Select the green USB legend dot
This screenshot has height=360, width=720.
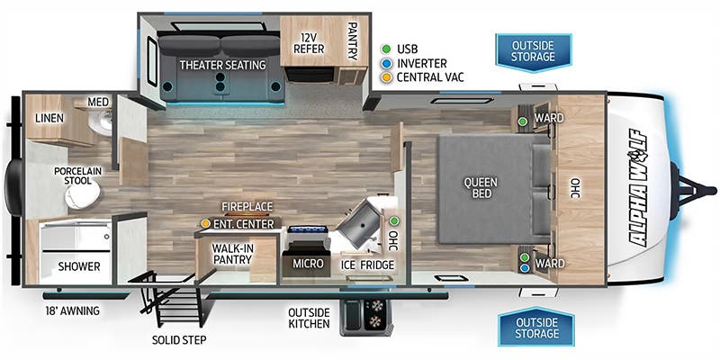click(x=385, y=48)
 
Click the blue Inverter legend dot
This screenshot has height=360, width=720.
click(x=385, y=63)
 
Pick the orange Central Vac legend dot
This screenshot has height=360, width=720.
click(x=385, y=77)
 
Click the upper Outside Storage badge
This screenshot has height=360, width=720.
click(x=533, y=51)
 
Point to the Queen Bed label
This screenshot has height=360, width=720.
click(x=480, y=187)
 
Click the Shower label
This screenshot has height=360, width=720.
click(x=79, y=267)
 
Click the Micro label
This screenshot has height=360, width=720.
click(x=308, y=265)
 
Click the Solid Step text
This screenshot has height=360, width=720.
click(x=178, y=339)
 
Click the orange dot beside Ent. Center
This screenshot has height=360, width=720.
click(x=205, y=222)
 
